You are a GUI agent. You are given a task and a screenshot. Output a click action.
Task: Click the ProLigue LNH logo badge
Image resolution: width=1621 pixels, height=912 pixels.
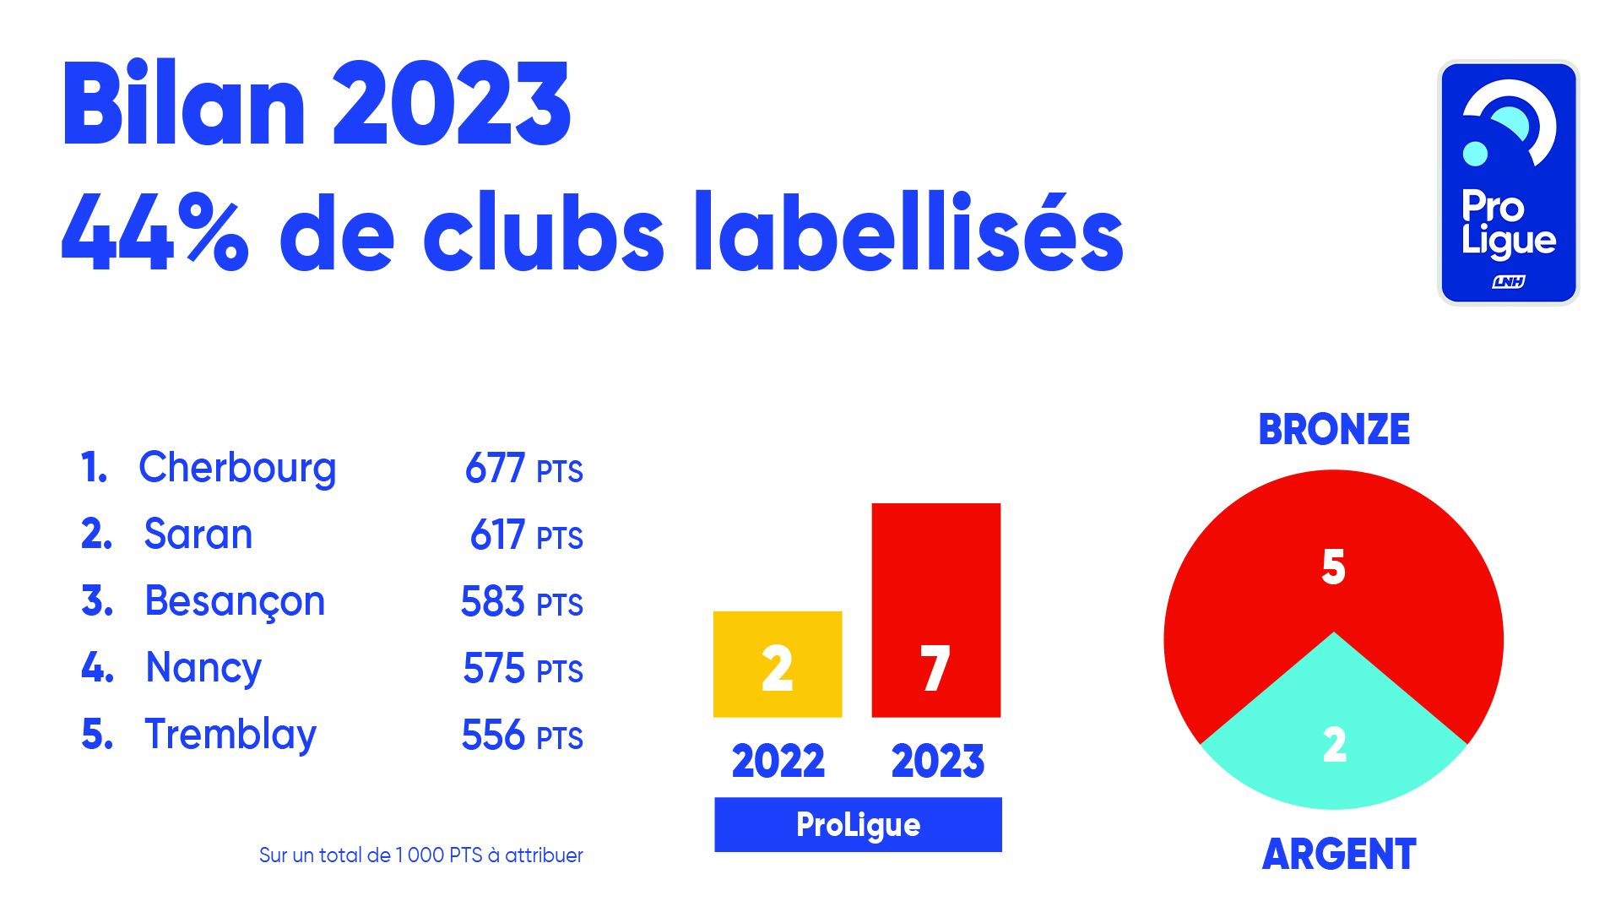point(1508,182)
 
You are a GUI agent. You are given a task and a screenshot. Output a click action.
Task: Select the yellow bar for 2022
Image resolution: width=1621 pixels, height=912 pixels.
point(778,665)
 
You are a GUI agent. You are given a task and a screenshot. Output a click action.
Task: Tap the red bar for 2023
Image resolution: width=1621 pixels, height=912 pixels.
point(935,610)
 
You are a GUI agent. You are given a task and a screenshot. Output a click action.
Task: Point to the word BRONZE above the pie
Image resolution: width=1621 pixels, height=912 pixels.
point(1334,430)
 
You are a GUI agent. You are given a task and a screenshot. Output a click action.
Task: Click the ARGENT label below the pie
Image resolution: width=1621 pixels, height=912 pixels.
point(1339,855)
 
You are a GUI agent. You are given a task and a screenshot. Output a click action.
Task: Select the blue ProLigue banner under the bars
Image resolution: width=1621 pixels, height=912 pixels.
point(858,825)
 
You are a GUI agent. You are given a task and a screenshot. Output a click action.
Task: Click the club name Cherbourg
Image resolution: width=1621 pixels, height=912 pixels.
point(237,468)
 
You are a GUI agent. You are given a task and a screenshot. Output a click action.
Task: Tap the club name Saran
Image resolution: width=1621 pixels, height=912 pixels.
point(198,535)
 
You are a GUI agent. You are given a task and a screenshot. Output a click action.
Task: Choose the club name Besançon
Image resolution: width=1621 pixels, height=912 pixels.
point(235,602)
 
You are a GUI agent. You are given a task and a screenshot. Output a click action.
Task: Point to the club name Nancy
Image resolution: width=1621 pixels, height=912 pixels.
point(203,668)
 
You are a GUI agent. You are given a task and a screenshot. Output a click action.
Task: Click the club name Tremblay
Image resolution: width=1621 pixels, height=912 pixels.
point(230,735)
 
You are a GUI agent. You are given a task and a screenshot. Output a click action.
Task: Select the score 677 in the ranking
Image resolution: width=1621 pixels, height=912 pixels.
point(496,469)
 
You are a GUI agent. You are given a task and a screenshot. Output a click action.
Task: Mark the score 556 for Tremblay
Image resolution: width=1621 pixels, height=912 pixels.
point(494,736)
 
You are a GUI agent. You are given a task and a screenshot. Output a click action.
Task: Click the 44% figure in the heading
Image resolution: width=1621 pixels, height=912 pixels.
point(155,232)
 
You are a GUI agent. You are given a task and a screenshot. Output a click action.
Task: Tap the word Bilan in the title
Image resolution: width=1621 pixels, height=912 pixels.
point(183,106)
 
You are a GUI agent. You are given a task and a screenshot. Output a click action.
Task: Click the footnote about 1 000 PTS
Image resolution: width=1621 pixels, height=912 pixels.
point(420,855)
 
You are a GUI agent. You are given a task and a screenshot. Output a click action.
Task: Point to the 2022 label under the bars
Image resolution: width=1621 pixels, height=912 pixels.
point(778,762)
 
